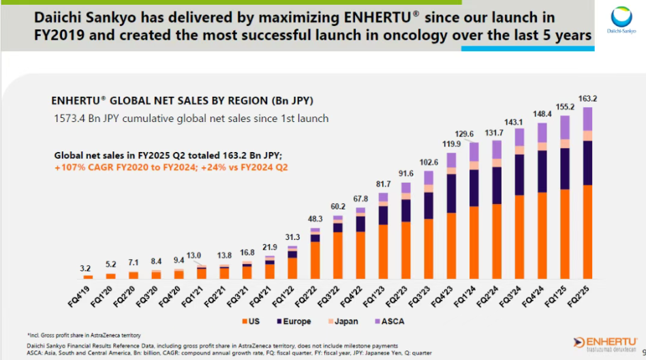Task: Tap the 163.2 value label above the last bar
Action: point(587,98)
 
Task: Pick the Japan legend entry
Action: point(343,320)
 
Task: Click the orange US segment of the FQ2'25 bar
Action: point(587,232)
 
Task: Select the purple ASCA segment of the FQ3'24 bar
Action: point(519,137)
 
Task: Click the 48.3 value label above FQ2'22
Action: point(314,220)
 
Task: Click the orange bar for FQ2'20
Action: point(134,275)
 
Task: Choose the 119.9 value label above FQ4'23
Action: point(450,145)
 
